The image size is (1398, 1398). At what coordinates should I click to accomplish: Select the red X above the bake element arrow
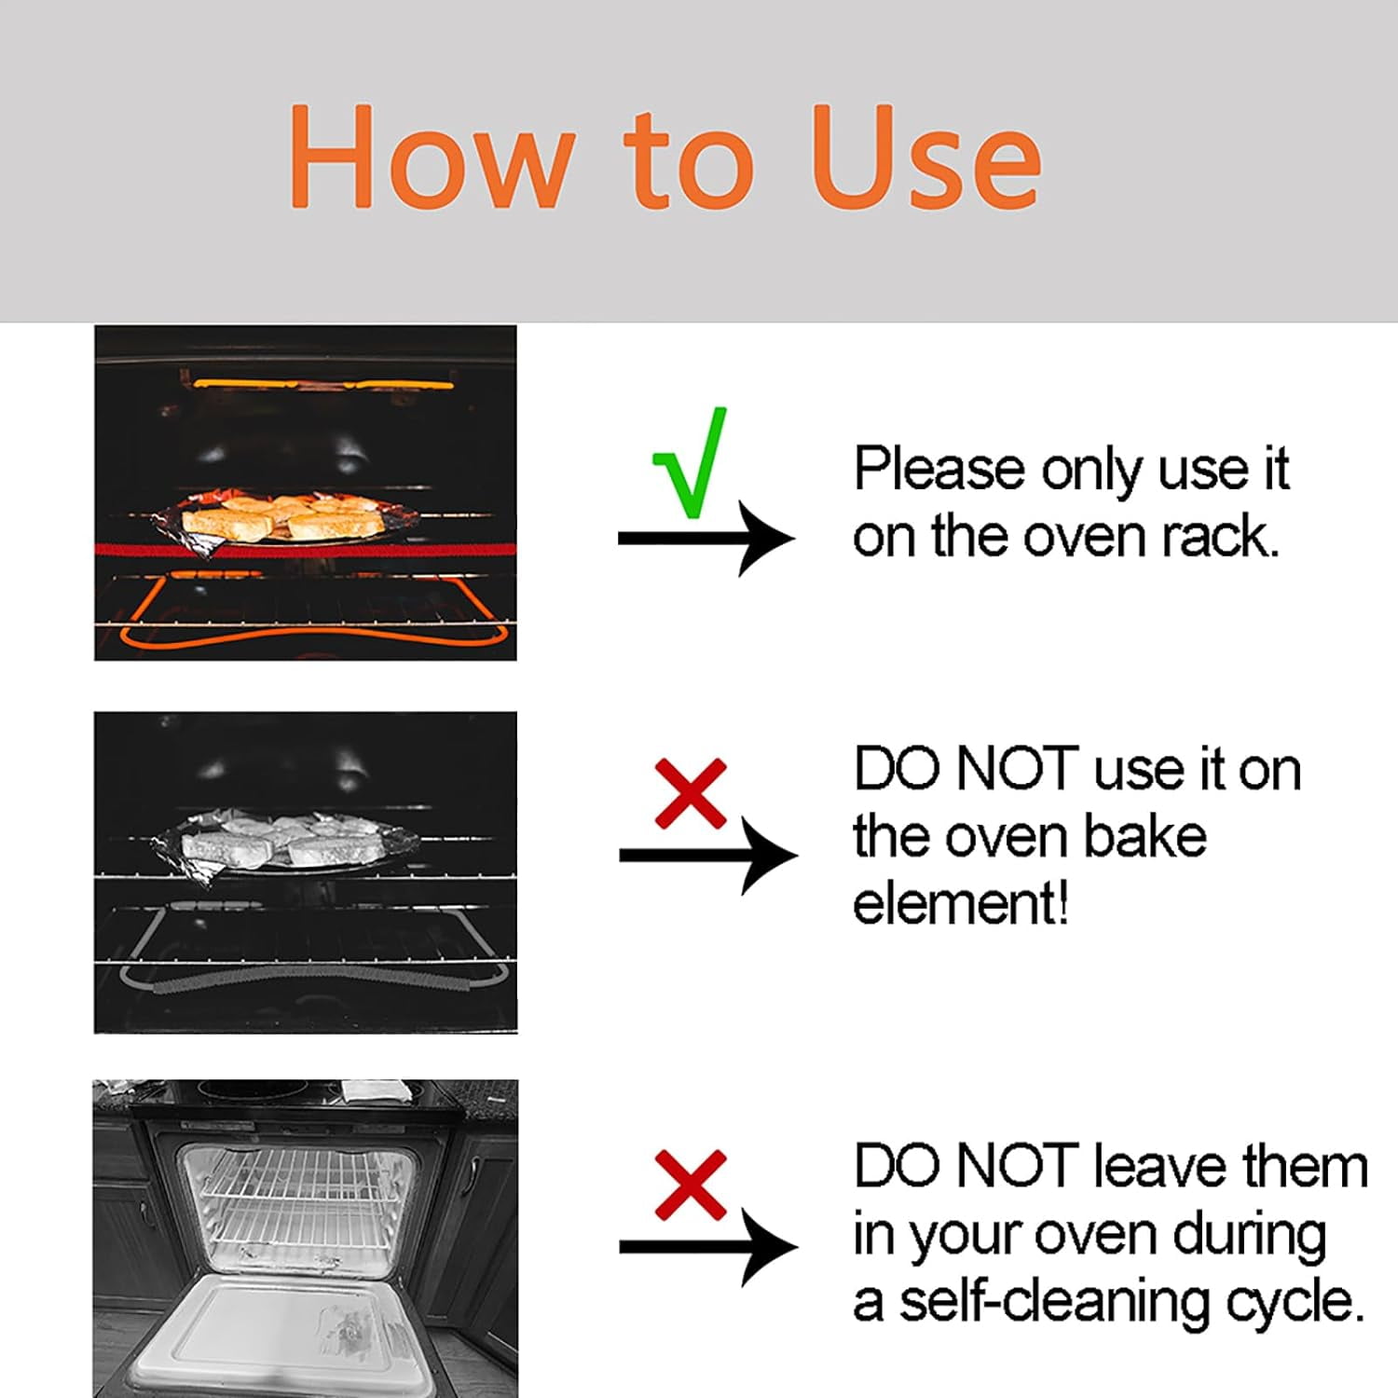click(x=691, y=793)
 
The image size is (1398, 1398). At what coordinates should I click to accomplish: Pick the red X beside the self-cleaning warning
click(x=691, y=1185)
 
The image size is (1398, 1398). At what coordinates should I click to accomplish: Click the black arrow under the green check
click(x=706, y=538)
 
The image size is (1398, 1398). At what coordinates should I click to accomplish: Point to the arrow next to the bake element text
click(x=708, y=855)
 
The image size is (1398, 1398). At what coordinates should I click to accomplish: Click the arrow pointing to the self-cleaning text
click(x=708, y=1247)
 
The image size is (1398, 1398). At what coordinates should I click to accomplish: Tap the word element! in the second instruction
click(x=960, y=903)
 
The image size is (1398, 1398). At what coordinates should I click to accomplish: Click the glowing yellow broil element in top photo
click(x=323, y=383)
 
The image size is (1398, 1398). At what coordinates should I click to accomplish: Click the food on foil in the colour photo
click(x=284, y=518)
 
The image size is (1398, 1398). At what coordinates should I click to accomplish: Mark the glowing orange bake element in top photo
click(x=313, y=639)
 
